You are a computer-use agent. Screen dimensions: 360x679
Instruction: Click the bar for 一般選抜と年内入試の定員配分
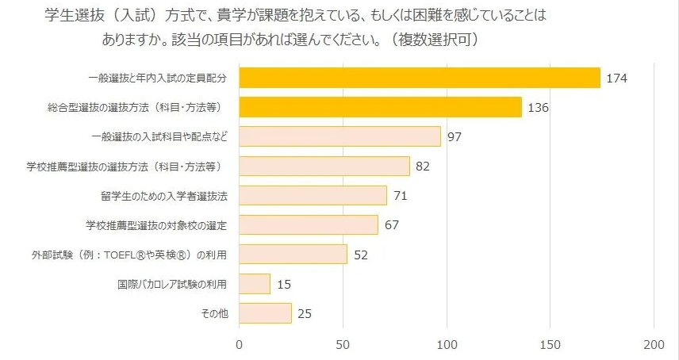click(x=419, y=78)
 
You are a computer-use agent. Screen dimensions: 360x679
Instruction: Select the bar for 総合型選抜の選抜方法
click(x=380, y=107)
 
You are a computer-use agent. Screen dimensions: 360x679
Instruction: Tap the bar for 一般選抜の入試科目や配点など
click(x=339, y=136)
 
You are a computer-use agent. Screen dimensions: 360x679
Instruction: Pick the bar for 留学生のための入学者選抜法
click(x=313, y=195)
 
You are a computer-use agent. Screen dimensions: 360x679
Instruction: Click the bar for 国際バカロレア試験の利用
click(x=255, y=283)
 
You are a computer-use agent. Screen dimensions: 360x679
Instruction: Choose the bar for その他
click(x=265, y=312)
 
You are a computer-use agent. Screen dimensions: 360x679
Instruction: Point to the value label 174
click(x=616, y=79)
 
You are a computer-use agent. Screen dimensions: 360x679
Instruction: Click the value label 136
click(x=538, y=108)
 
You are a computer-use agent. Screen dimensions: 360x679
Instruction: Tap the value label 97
click(x=455, y=137)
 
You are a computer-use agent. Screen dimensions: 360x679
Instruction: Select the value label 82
click(x=423, y=167)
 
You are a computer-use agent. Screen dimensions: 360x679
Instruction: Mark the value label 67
click(x=391, y=225)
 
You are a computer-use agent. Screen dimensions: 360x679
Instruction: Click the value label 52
click(x=360, y=255)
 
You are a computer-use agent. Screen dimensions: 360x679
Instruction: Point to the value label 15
click(x=283, y=284)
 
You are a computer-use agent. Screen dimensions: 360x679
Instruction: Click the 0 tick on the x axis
click(x=240, y=344)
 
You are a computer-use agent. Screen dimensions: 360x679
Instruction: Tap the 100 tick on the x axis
click(x=447, y=344)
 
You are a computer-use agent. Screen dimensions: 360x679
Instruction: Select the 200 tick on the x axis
click(x=654, y=344)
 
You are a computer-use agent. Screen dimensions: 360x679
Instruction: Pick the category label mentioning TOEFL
click(x=140, y=255)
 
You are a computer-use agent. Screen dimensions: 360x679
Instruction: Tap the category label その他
click(x=215, y=313)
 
